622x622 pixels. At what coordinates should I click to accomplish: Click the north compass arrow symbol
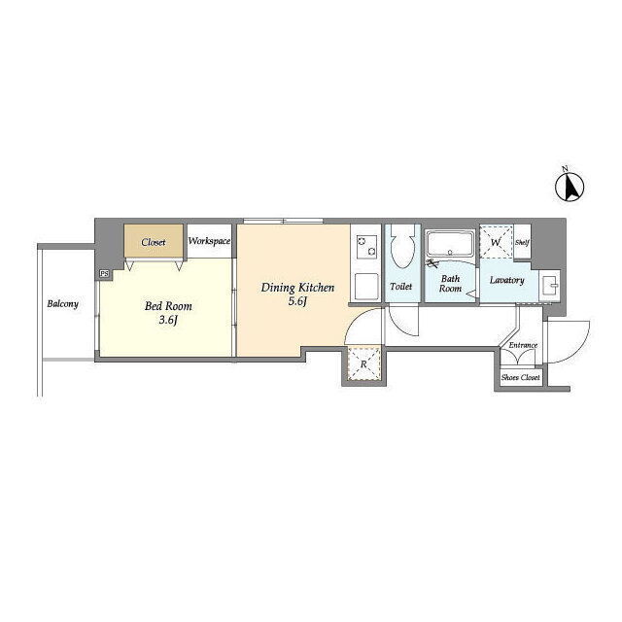(570, 187)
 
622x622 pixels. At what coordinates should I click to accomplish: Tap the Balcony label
(62, 304)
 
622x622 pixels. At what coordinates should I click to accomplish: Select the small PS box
(104, 274)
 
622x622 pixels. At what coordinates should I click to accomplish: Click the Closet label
(154, 242)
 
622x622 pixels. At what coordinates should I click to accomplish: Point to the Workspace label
(209, 241)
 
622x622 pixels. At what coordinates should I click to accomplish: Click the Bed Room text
(168, 306)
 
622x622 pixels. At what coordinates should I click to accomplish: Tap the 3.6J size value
(168, 320)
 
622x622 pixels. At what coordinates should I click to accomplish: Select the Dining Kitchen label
(297, 288)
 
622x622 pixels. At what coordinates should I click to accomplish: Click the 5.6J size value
(298, 301)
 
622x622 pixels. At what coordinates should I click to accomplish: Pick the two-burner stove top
(366, 246)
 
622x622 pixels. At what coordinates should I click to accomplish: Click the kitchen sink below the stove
(366, 287)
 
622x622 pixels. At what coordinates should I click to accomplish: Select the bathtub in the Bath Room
(450, 244)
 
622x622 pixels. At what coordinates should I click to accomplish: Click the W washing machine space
(496, 242)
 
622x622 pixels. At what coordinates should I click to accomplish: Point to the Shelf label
(522, 242)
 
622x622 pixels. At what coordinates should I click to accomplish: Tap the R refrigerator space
(363, 363)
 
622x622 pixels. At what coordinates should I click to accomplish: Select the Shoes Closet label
(521, 377)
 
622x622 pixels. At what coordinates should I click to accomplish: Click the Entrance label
(523, 345)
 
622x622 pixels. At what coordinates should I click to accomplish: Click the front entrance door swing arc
(580, 349)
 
